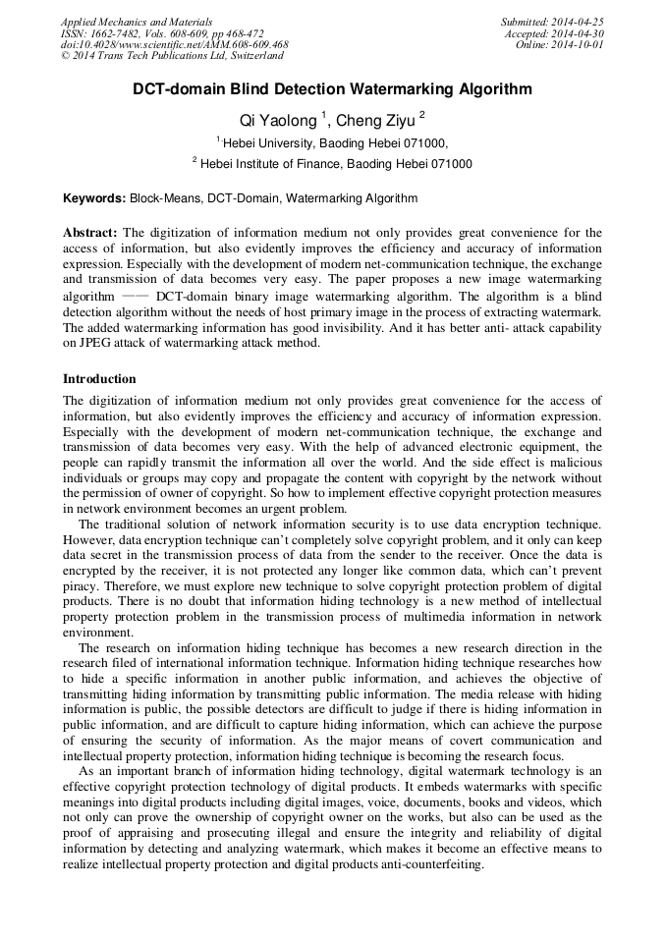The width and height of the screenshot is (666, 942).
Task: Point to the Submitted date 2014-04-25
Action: (x=578, y=21)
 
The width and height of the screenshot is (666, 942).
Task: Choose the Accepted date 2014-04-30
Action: (x=580, y=33)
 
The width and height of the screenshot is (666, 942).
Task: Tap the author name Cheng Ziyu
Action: (x=375, y=121)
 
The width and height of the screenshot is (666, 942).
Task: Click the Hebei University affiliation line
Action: (x=335, y=143)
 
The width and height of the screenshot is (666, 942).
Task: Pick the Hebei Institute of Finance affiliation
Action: (x=335, y=164)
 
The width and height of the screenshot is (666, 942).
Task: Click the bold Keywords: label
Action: (x=94, y=198)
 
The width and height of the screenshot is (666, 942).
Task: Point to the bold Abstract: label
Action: (x=90, y=233)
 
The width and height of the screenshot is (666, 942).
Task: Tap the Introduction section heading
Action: (x=99, y=379)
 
